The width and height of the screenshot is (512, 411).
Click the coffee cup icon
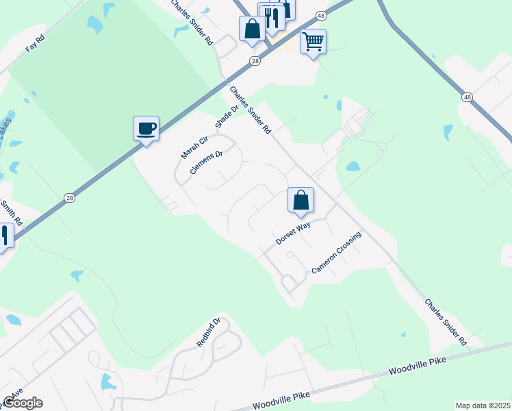tap(146, 128)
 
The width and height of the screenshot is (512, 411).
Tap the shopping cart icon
tap(313, 42)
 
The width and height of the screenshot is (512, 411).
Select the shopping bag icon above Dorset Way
tap(300, 201)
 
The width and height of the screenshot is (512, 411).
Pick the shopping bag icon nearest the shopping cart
tap(252, 29)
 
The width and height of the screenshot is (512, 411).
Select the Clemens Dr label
tap(207, 163)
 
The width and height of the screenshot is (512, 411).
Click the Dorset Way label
tap(293, 232)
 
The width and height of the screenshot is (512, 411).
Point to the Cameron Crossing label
tap(336, 253)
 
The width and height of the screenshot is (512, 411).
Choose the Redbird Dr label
tap(209, 332)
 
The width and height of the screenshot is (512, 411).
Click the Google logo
tap(23, 403)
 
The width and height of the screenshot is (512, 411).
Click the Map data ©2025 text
tap(483, 406)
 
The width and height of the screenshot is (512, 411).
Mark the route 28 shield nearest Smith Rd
tap(69, 198)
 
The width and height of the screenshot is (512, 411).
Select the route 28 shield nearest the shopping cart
tap(255, 61)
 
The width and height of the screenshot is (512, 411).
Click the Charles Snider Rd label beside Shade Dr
tap(251, 110)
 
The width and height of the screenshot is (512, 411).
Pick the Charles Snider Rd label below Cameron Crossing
tap(445, 321)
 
